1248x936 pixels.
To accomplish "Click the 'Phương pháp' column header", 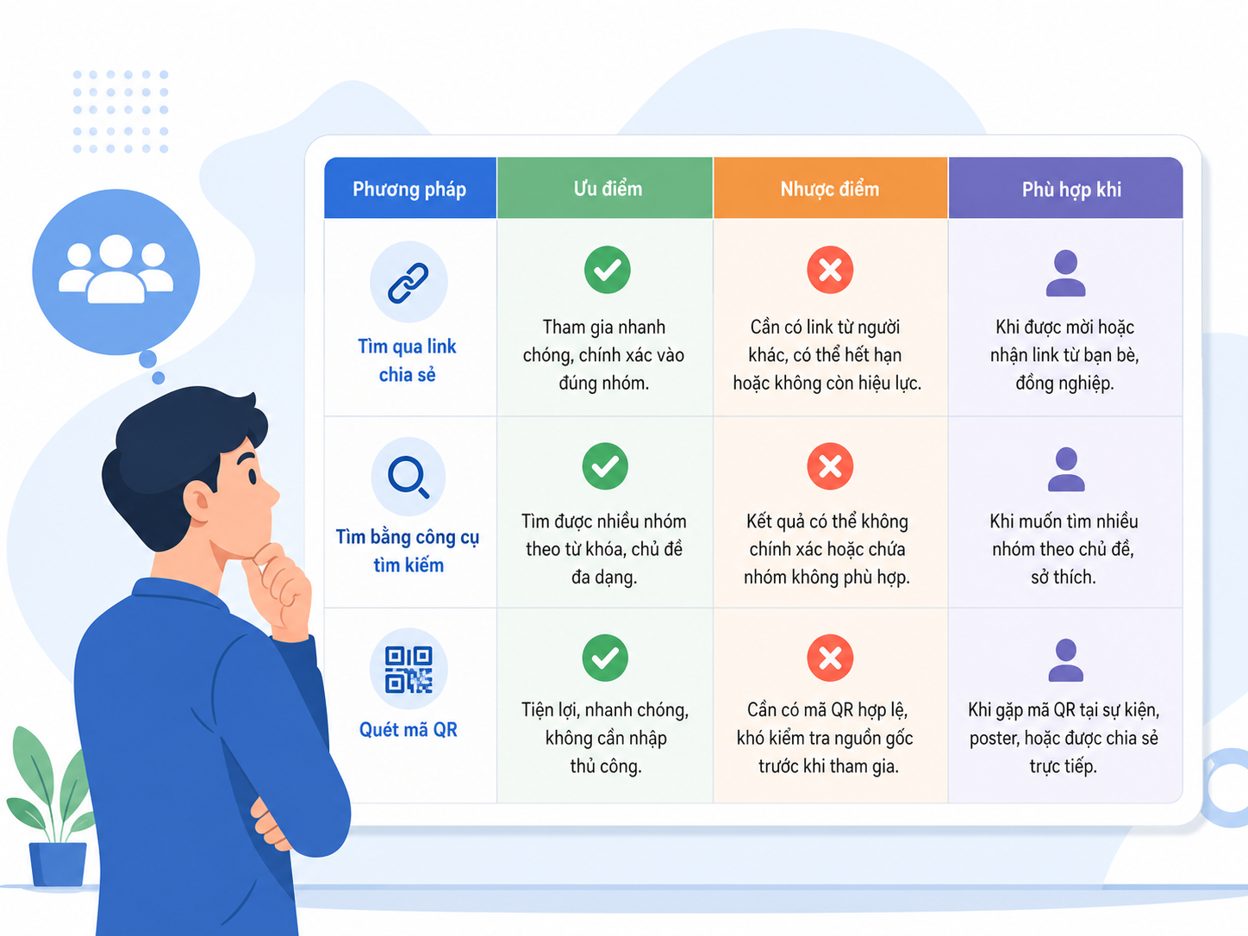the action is [x=409, y=189].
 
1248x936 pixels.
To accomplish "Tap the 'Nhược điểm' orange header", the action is [x=830, y=189].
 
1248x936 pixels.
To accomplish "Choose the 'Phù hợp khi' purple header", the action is [x=1066, y=189].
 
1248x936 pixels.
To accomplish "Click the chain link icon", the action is [x=409, y=283].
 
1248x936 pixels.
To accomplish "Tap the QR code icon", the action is [x=409, y=670].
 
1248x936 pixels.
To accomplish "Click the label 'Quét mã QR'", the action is [x=409, y=730].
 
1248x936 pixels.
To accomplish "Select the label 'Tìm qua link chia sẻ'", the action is [x=407, y=360].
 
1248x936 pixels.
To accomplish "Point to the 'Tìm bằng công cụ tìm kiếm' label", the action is [x=408, y=551].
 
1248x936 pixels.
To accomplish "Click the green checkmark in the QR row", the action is [x=605, y=658].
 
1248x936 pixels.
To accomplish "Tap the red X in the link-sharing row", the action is [x=830, y=270].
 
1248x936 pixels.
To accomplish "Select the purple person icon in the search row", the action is [x=1066, y=469].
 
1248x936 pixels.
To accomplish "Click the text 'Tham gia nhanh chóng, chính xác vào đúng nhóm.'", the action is [x=604, y=355].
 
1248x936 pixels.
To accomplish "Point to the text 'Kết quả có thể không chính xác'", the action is [x=827, y=534].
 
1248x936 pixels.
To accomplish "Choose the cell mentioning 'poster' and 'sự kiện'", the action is [x=1064, y=738].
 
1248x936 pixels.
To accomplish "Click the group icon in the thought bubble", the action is [x=116, y=269].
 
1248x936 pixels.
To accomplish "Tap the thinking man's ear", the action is [x=198, y=502].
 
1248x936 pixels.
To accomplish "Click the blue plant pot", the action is [x=58, y=864].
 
